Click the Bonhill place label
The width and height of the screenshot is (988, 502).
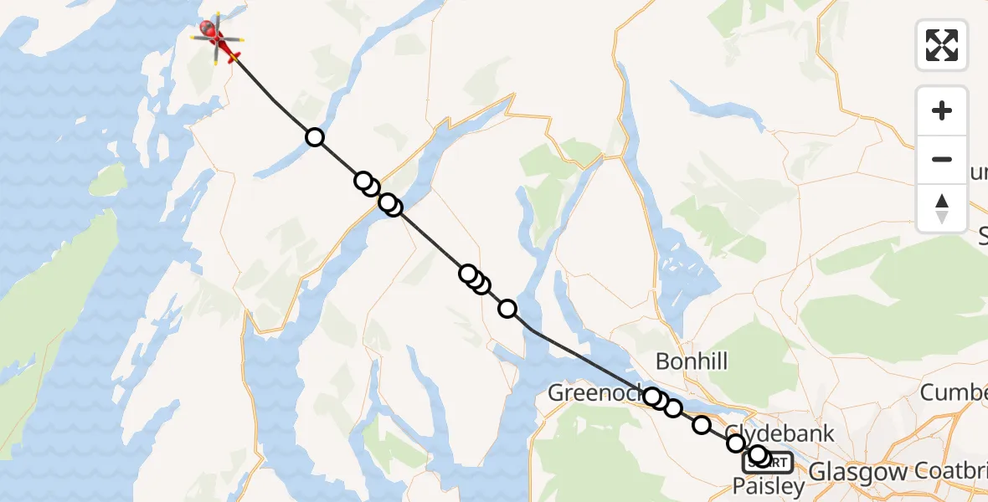(692, 361)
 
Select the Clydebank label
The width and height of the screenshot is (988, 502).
(780, 433)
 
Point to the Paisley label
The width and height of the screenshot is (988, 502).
(769, 485)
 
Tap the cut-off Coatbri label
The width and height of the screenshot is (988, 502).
(953, 470)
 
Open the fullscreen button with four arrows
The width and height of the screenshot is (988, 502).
(942, 45)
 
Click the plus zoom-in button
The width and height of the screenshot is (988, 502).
(942, 110)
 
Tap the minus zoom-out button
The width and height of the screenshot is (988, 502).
(942, 159)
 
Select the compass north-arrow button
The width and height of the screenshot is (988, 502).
(942, 207)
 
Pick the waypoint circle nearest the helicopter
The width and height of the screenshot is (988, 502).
(314, 137)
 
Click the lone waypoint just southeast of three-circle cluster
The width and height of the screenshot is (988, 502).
(507, 309)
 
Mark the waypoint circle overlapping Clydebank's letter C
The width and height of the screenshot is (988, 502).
(736, 443)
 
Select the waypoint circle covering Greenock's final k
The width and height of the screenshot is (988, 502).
(652, 396)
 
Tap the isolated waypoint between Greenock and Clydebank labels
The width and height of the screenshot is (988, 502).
(702, 425)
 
